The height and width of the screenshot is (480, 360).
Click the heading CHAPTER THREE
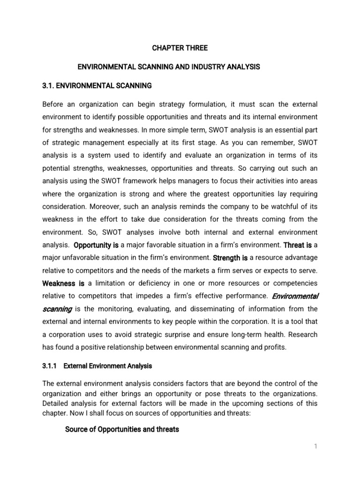tap(180, 48)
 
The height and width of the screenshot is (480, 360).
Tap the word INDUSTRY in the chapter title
tap(204, 67)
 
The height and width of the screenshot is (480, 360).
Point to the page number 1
tap(316, 446)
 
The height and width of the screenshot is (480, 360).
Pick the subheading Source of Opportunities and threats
tap(122, 429)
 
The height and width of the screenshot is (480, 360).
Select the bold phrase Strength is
tap(230, 257)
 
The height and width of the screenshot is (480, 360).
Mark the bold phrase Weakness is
tap(63, 283)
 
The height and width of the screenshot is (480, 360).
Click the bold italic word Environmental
tap(295, 296)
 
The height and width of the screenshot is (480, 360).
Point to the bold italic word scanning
tap(57, 309)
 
